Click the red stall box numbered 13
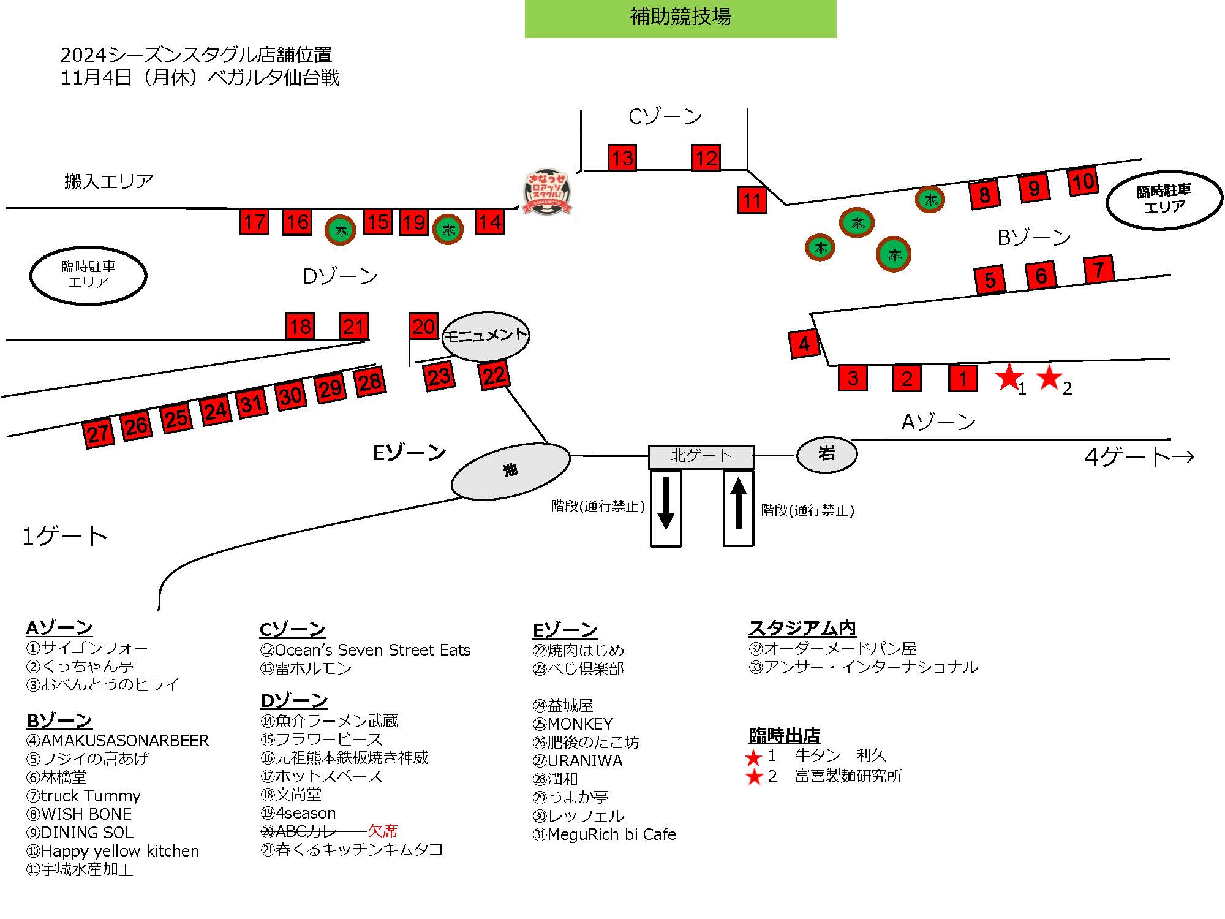click(622, 157)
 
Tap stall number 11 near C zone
click(752, 200)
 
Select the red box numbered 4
click(804, 344)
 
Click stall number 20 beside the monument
click(423, 326)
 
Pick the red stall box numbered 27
click(98, 434)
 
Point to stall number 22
click(494, 375)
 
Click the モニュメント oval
click(486, 336)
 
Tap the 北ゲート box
click(701, 456)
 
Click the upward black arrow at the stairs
click(739, 504)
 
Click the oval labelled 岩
click(826, 454)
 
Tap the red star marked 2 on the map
click(1049, 377)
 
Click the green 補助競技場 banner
click(680, 18)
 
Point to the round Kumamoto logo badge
click(548, 193)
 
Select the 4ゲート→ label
click(1139, 456)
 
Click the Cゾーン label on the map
click(665, 116)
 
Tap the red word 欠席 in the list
click(383, 831)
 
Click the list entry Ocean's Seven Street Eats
click(365, 650)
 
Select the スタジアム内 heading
click(802, 628)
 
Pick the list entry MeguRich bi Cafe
click(605, 834)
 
